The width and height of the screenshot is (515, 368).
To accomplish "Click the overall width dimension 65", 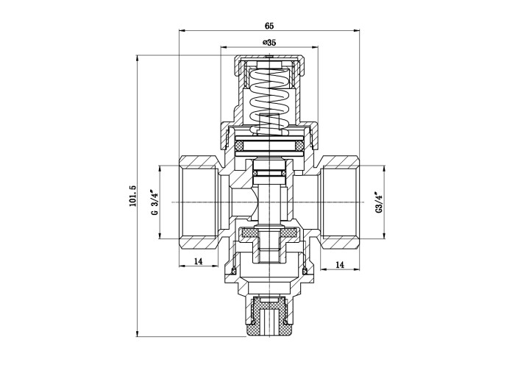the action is tap(269, 26).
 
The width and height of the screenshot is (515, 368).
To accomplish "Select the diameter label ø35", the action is tap(269, 43).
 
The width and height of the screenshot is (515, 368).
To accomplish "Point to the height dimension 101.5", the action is tap(132, 196).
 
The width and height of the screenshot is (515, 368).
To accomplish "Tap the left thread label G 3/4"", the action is tap(154, 202).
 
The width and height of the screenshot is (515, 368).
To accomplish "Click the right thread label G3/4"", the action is tap(379, 202).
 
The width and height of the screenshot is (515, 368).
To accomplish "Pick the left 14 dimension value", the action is tap(198, 261).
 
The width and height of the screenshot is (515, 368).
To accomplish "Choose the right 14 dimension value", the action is tap(340, 264).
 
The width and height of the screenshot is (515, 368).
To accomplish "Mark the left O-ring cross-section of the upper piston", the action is tap(239, 145).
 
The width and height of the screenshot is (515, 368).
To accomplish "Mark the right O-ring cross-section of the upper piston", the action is tap(299, 145).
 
